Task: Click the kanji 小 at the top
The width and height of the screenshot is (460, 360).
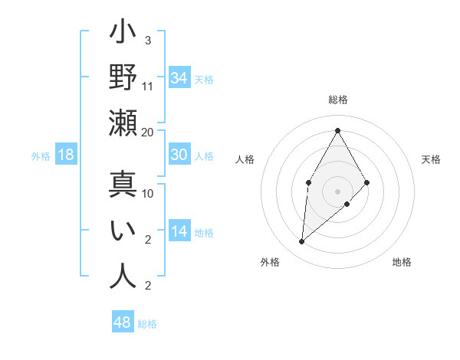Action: click(x=123, y=34)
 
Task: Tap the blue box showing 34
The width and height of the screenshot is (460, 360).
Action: click(x=179, y=77)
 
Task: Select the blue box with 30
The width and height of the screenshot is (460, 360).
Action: click(x=179, y=155)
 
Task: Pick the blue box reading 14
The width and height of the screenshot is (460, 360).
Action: click(x=179, y=231)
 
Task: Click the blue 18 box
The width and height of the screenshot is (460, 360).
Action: click(x=66, y=155)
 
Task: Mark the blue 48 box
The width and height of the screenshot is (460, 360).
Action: click(x=122, y=322)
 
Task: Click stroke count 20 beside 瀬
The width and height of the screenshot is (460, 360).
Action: click(x=148, y=132)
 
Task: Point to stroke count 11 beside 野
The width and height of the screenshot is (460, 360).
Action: click(x=148, y=86)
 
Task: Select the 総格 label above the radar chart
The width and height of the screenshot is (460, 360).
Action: click(x=337, y=100)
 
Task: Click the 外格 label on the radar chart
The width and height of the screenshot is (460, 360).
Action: click(x=270, y=262)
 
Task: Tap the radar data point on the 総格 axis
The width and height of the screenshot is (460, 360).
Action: click(x=337, y=129)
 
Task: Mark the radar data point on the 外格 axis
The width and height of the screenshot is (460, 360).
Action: click(x=302, y=242)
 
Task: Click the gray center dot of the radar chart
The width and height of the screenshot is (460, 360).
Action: click(x=337, y=190)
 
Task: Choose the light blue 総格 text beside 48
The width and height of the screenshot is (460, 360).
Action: click(x=147, y=324)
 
